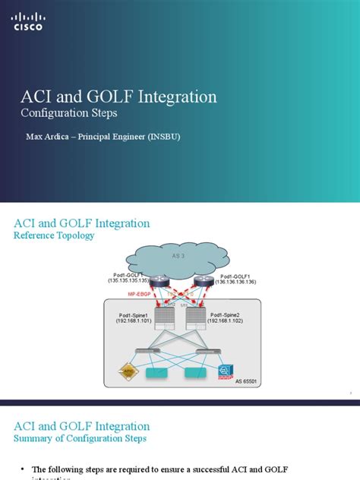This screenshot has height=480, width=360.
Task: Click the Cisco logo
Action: point(28,21)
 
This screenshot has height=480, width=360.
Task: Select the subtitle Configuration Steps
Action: point(68,113)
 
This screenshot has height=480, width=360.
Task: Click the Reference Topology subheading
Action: point(54,235)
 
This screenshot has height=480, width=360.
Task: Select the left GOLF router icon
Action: point(160,282)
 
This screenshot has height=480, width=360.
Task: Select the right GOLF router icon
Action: point(201,282)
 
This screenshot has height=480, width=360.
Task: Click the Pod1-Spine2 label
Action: point(228,314)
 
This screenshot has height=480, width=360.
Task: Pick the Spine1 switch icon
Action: point(164,314)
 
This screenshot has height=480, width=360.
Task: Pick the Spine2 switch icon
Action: point(196,314)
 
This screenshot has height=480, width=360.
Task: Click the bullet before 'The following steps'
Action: point(23,469)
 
